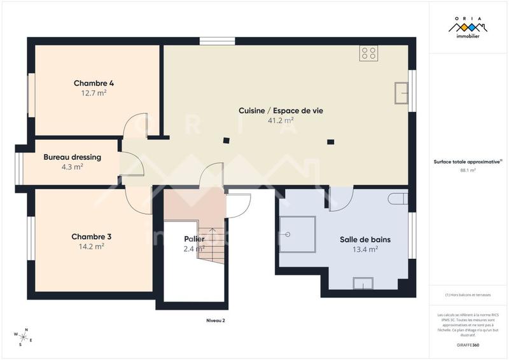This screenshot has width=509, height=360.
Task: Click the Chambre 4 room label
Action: point(94,83)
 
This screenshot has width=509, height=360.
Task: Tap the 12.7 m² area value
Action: point(94,93)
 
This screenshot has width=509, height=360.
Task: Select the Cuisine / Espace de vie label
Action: point(281,110)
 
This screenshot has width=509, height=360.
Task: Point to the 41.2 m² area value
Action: point(281,120)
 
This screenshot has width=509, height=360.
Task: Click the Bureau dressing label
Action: point(72,156)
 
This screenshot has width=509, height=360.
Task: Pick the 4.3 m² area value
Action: point(72,167)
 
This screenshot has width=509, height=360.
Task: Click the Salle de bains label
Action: point(365,240)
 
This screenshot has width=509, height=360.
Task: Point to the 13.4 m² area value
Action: point(365,250)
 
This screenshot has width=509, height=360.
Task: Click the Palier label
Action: point(194,239)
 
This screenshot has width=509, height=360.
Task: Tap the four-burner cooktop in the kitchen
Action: point(368,53)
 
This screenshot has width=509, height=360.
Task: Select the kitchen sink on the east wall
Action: point(401,93)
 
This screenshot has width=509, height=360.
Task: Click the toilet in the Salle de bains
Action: point(398,198)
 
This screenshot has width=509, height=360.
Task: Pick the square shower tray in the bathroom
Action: point(299,233)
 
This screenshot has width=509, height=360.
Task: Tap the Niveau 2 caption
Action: point(215,321)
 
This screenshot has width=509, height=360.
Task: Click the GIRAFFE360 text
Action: point(468,344)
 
